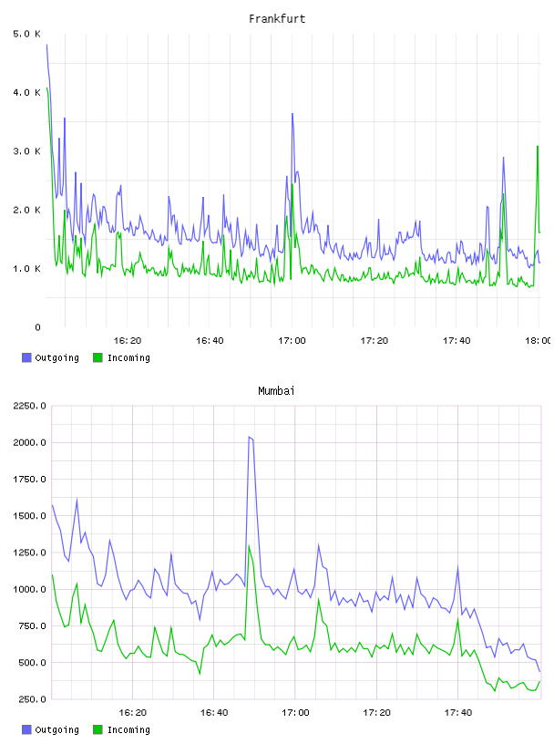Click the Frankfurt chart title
coord(277,19)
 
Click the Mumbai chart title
coord(276,391)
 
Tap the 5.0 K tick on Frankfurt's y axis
coord(27,34)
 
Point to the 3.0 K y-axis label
coord(27,151)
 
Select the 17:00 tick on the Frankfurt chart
coord(292,341)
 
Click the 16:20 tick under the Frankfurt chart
coord(128,341)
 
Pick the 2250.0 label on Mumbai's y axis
coord(29,406)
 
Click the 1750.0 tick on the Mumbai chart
coord(29,480)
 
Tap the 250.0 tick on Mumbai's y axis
coord(32,699)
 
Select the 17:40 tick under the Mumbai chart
coord(458,713)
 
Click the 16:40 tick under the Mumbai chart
coord(214,713)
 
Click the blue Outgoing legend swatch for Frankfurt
coord(26,357)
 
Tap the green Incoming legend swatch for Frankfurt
coord(97,357)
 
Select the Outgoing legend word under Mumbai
coord(56,729)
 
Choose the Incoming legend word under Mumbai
coord(128,729)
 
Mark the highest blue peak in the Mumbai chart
coord(250,437)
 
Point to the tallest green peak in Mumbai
coord(249,545)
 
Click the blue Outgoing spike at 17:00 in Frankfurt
coord(292,114)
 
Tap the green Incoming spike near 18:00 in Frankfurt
coord(538,146)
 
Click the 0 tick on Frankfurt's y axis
coord(38,327)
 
